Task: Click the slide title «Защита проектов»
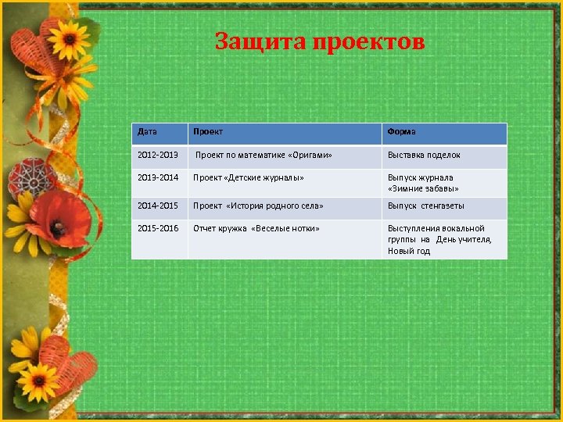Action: (320, 41)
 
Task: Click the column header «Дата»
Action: (147, 131)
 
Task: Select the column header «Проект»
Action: (208, 131)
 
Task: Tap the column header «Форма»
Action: (402, 131)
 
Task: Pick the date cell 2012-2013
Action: (158, 155)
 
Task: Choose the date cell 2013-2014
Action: (158, 177)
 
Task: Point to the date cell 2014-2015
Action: (158, 206)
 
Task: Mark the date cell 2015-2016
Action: (158, 228)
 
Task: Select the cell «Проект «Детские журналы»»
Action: (249, 177)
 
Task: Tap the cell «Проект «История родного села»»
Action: (258, 206)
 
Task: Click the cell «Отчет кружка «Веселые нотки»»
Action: (256, 228)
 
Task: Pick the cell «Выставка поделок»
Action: (424, 155)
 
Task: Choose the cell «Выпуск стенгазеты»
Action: (426, 206)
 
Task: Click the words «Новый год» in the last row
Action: (409, 251)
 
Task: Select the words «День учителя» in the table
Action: (464, 239)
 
